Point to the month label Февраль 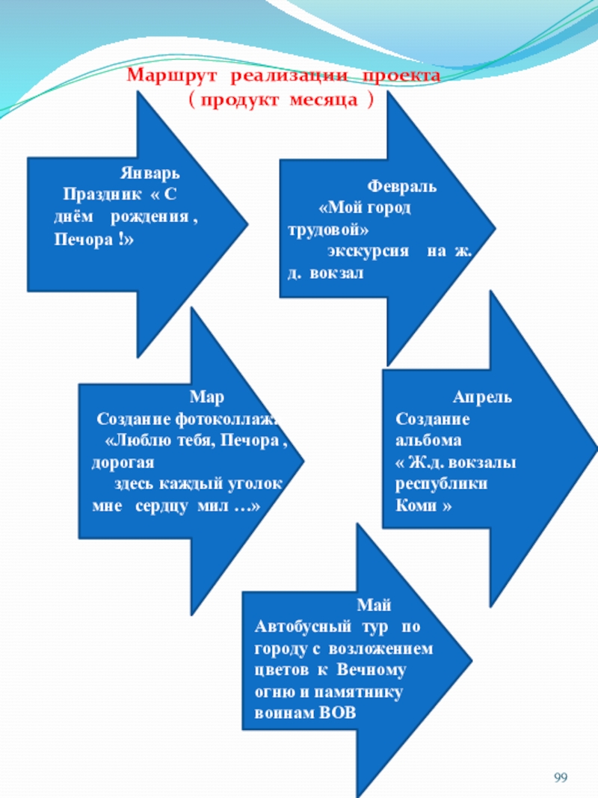point(401,186)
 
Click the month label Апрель point(482,397)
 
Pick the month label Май point(374,604)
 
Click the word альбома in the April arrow point(430,440)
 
